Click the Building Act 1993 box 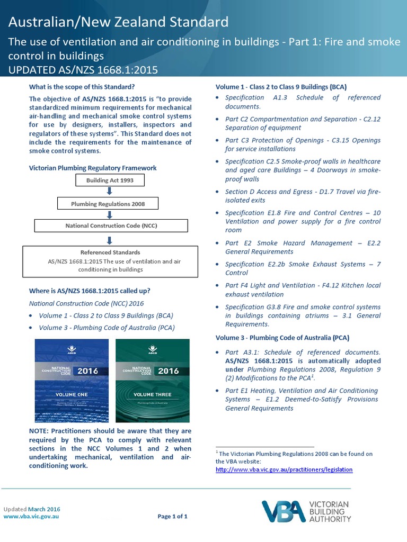tap(110, 180)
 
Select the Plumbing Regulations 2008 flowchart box tap(108, 203)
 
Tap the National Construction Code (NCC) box tap(111, 225)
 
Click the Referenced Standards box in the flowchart tap(111, 261)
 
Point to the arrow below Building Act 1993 tap(110, 192)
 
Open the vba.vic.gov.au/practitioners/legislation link tap(284, 469)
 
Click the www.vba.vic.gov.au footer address tap(31, 517)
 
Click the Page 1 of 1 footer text tap(173, 517)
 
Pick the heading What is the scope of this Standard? tap(82, 86)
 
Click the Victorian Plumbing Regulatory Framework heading tap(93, 168)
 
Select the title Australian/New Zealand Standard tap(119, 22)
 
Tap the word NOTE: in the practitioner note tap(40, 431)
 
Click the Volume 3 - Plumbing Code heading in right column tap(282, 337)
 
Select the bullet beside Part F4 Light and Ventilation tap(219, 286)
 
